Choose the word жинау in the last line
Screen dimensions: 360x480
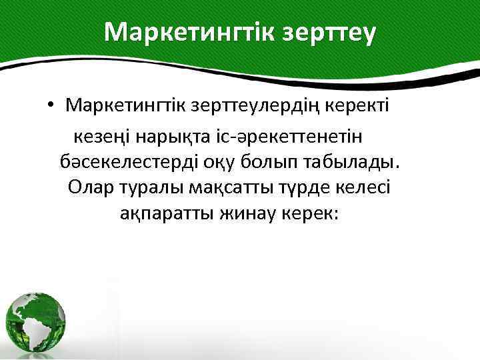click(243, 213)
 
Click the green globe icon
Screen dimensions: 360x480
click(37, 319)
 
